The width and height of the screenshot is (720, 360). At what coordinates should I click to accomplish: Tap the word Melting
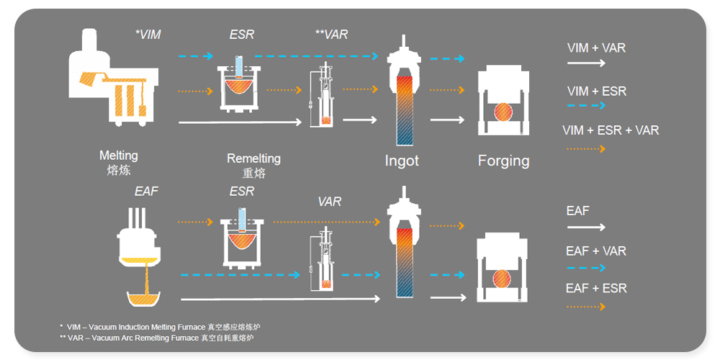click(x=119, y=156)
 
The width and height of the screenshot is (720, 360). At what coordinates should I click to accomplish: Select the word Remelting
click(x=253, y=158)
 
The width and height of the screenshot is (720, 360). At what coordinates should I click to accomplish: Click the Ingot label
click(x=402, y=161)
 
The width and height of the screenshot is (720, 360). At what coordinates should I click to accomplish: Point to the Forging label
click(x=503, y=161)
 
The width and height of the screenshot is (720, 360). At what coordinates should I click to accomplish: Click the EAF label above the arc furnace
click(x=147, y=192)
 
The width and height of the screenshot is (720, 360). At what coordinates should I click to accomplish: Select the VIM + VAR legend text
click(x=596, y=48)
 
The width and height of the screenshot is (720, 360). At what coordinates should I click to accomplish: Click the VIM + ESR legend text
click(x=597, y=91)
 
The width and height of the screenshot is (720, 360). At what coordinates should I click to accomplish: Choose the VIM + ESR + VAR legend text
click(x=611, y=130)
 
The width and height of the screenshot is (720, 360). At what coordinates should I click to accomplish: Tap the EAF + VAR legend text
click(x=596, y=251)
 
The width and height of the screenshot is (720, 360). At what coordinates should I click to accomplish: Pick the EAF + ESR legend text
click(x=596, y=289)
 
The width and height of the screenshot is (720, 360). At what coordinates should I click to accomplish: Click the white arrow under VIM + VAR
click(x=585, y=63)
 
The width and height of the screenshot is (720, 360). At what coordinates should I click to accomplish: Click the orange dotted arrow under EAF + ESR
click(x=585, y=307)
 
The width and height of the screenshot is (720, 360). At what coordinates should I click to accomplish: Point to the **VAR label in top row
click(x=332, y=34)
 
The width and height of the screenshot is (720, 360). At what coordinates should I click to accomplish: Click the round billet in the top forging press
click(x=503, y=112)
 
